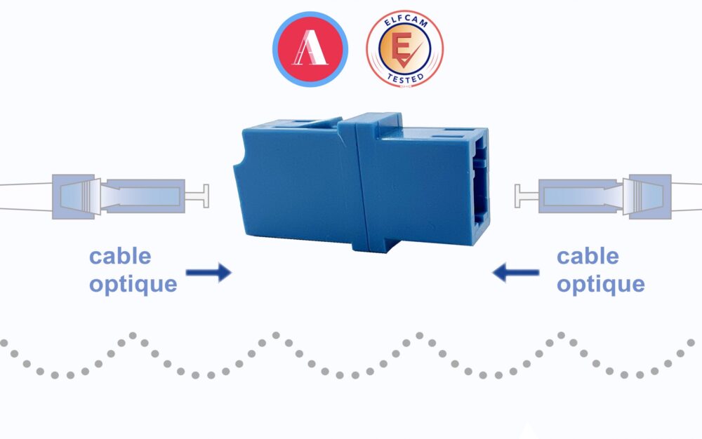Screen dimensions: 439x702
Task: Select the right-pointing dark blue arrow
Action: (208, 272)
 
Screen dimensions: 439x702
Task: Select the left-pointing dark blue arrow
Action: (515, 272)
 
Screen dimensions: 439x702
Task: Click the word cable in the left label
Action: (120, 256)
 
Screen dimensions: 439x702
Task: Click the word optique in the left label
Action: (133, 284)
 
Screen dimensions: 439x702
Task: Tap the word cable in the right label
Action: (588, 256)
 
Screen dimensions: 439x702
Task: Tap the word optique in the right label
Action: (600, 284)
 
